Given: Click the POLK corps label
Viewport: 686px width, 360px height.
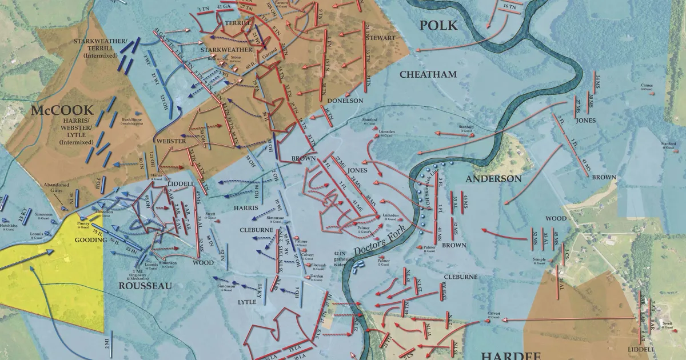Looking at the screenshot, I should (x=438, y=25).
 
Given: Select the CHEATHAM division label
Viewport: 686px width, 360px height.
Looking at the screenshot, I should (x=428, y=74).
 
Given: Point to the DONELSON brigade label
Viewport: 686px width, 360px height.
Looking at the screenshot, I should (x=345, y=101).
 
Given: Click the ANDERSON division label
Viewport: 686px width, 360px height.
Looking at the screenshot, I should (x=493, y=179).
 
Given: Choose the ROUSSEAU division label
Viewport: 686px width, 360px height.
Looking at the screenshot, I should (x=145, y=285).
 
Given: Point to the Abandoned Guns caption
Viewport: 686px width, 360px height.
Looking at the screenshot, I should (x=57, y=188).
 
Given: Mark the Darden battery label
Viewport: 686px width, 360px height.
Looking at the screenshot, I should (x=316, y=278).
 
